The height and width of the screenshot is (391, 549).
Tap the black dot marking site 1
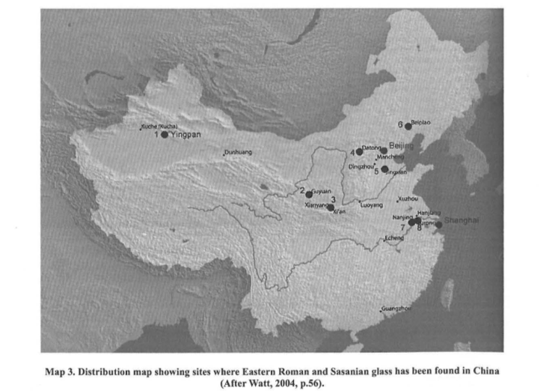[165, 135]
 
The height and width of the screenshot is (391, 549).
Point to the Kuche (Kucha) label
[159, 127]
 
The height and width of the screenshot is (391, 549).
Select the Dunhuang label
[239, 153]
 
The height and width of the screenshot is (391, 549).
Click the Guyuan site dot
[308, 194]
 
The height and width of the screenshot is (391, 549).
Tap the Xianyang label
[317, 204]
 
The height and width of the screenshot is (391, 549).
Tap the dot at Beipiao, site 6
[408, 126]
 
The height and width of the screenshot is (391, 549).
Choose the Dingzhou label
[361, 166]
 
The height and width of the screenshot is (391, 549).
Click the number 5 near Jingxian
[376, 170]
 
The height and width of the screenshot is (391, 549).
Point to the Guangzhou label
[396, 308]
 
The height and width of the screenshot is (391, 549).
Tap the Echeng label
[393, 238]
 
